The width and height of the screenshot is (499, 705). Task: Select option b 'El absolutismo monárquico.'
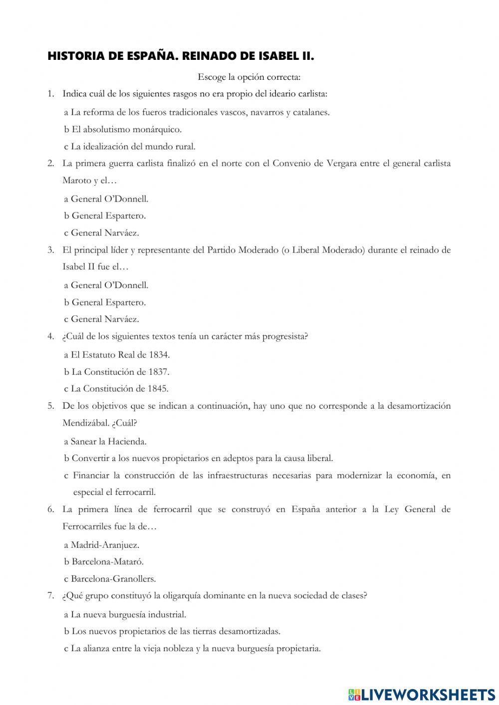123,130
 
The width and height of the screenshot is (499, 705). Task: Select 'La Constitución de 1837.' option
116,372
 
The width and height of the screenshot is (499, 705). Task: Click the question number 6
51,509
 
